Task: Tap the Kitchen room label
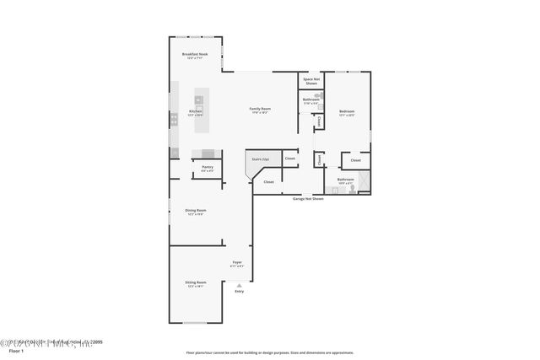click(x=195, y=112)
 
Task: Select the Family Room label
click(x=259, y=110)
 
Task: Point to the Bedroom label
click(x=347, y=112)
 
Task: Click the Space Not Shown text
click(x=311, y=82)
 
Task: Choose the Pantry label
click(x=207, y=168)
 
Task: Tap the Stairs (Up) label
click(x=259, y=159)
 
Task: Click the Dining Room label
click(x=196, y=212)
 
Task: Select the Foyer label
click(x=237, y=263)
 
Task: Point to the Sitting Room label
click(x=196, y=284)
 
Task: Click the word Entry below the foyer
click(x=239, y=292)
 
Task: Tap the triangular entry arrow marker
click(x=239, y=285)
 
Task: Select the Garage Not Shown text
click(x=309, y=198)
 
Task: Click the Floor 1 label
click(x=14, y=351)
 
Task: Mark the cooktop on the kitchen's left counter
click(x=175, y=120)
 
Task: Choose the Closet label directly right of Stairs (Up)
click(x=289, y=159)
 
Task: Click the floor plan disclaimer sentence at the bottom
click(x=269, y=352)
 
